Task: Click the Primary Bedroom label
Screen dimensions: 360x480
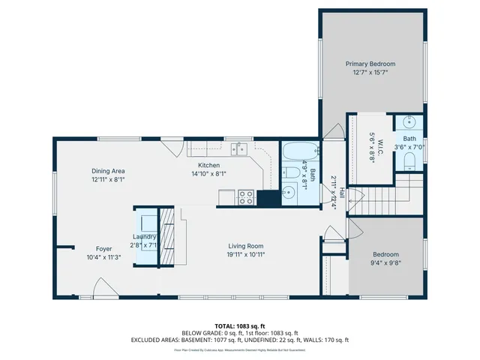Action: (x=370, y=64)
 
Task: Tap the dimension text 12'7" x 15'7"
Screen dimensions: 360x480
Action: (x=370, y=73)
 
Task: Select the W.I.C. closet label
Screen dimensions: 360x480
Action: (x=380, y=142)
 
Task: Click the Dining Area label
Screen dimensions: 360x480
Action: (x=107, y=171)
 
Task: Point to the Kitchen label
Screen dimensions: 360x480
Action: (x=208, y=165)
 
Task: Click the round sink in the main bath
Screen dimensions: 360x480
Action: (x=288, y=193)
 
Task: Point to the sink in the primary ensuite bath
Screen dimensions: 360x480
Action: (x=409, y=122)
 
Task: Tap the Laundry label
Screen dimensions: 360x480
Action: (x=144, y=236)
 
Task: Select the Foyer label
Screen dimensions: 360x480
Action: (x=103, y=248)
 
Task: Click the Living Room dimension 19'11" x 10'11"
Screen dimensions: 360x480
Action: (x=246, y=254)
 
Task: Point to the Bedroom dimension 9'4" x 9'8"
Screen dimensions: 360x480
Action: (x=385, y=263)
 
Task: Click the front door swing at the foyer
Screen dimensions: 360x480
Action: (x=99, y=289)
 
